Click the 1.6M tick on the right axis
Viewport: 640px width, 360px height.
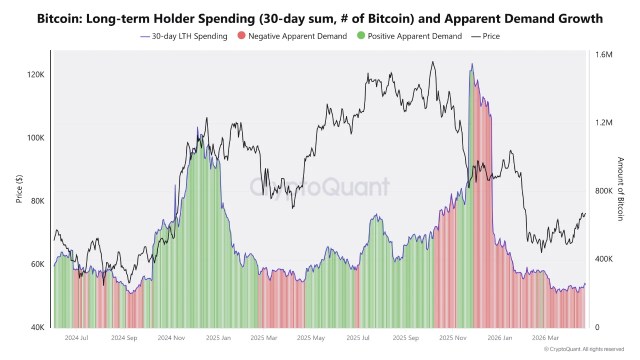[604, 55]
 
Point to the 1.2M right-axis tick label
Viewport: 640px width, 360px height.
[604, 123]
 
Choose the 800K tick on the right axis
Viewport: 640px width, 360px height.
[604, 191]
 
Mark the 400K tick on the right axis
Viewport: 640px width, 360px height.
[604, 259]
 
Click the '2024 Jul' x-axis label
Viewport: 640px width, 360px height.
[77, 338]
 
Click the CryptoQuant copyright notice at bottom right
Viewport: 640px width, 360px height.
[590, 350]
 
